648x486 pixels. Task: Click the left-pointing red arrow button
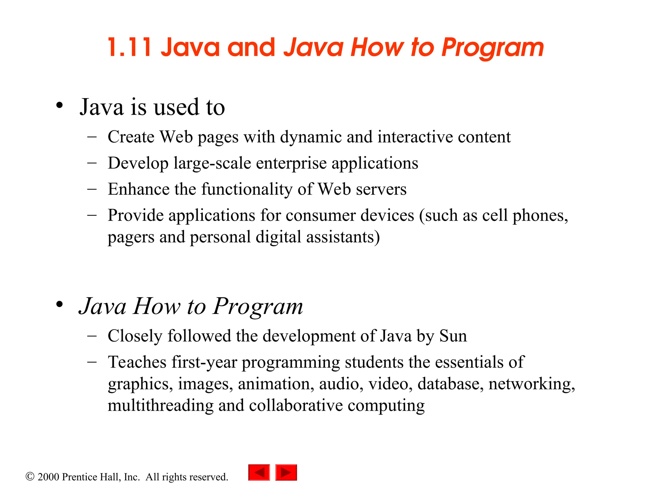tap(259, 472)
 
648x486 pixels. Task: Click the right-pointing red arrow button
tap(286, 472)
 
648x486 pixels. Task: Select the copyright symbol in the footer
tap(30, 476)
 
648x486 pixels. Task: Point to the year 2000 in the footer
tap(48, 477)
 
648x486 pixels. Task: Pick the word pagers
tap(131, 238)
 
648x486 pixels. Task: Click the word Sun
tap(453, 336)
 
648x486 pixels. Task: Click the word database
tap(451, 384)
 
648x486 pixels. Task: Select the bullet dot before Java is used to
tap(59, 105)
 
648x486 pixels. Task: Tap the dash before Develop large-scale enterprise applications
tap(92, 163)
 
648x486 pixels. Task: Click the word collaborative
tap(296, 405)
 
